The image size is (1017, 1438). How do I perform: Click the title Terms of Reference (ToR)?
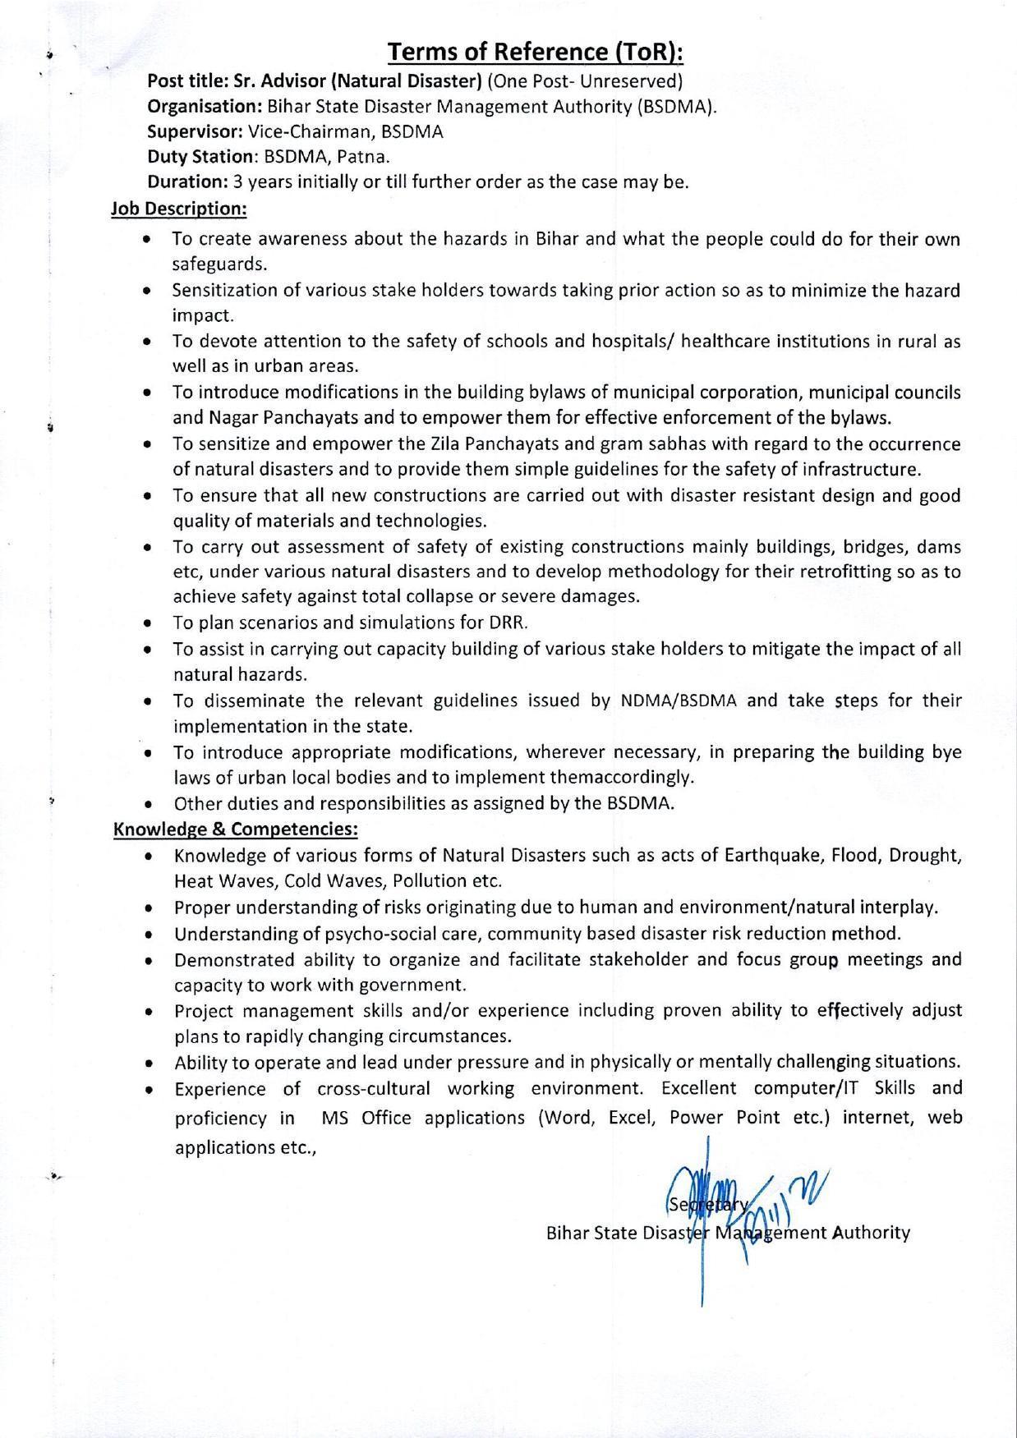[x=536, y=53]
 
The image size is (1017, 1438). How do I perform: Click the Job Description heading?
[x=179, y=209]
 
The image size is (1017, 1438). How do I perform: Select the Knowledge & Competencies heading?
[x=236, y=829]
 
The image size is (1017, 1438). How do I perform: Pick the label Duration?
[x=186, y=182]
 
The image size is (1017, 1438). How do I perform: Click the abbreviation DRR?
[x=521, y=623]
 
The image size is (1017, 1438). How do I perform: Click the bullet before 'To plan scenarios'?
[x=147, y=624]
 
